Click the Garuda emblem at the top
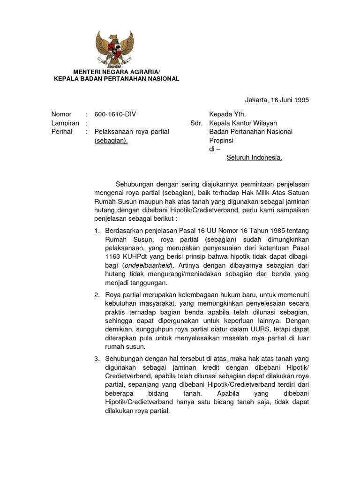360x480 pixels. click(114, 49)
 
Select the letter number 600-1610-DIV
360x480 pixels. click(115, 114)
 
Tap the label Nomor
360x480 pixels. click(61, 114)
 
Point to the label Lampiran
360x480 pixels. click(65, 123)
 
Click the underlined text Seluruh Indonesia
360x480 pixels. click(255, 157)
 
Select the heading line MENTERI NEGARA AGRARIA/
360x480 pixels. click(116, 71)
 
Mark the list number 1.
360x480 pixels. click(97, 231)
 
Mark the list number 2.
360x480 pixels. click(97, 295)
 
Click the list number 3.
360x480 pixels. click(97, 359)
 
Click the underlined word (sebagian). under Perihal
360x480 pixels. click(111, 141)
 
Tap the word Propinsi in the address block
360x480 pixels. click(221, 141)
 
